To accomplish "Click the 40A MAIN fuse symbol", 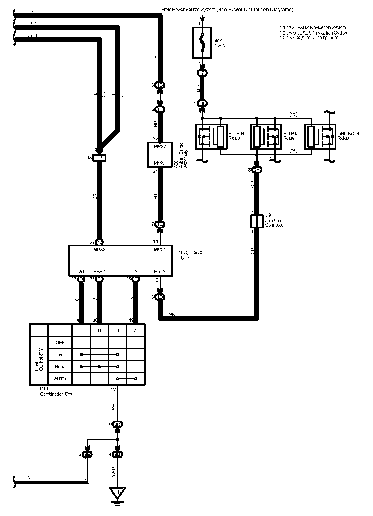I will [202, 43].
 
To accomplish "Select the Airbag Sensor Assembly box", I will [160, 155].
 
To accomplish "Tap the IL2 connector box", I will [100, 158].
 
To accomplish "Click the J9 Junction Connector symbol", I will [256, 221].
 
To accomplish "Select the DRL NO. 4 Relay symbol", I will [320, 136].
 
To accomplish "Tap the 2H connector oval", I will [257, 170].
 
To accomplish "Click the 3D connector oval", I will [117, 424].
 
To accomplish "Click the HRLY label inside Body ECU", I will [160, 272].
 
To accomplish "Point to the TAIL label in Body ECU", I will [81, 272].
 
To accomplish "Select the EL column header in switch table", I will [117, 330].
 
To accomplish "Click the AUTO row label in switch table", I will [60, 379].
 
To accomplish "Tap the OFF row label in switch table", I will [60, 343].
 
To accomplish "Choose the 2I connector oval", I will [203, 103].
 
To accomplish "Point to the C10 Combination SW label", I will [56, 392].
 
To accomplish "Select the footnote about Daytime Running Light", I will [309, 38].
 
